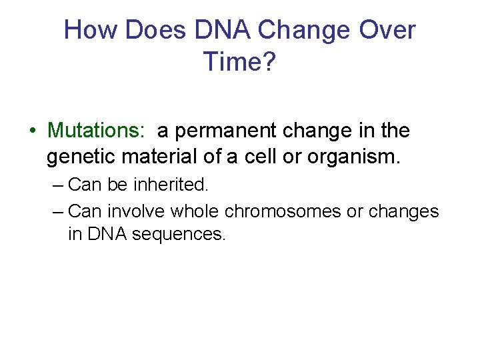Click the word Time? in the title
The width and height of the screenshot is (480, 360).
coord(239,61)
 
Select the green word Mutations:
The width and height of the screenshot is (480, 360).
coord(96,131)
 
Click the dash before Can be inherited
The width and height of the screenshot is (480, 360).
coord(58,185)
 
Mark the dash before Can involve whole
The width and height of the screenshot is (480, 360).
coord(58,212)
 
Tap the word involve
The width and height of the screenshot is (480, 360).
coord(136,212)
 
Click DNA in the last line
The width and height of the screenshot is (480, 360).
coord(106,235)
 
